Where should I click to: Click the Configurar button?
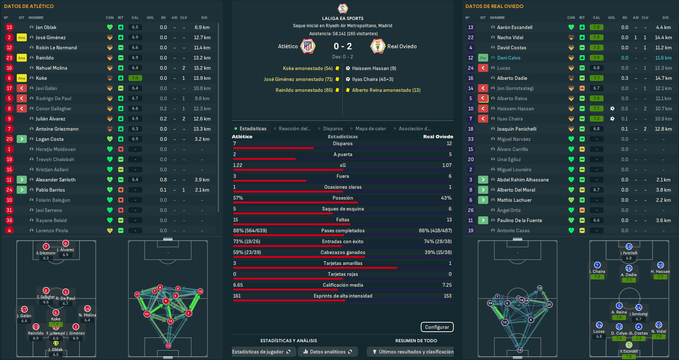(437, 327)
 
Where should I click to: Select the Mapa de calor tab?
(370, 128)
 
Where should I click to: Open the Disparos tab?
(333, 128)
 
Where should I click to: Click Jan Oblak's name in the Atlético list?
(46, 27)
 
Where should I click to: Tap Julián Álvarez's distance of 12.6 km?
(202, 119)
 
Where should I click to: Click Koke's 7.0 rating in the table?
(135, 78)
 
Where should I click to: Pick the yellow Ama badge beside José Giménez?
(22, 37)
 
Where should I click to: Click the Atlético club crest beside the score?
(308, 46)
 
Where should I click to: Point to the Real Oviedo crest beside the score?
(378, 46)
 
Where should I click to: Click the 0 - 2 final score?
(343, 46)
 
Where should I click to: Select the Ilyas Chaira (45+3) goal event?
(372, 79)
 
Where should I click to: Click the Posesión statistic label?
(343, 198)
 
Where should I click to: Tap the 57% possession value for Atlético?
(238, 198)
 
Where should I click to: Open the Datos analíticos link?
(328, 352)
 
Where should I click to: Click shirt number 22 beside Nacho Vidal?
(471, 37)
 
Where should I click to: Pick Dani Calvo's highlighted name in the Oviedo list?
(509, 58)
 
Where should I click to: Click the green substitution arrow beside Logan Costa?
(22, 139)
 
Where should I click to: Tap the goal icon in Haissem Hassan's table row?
(612, 109)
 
